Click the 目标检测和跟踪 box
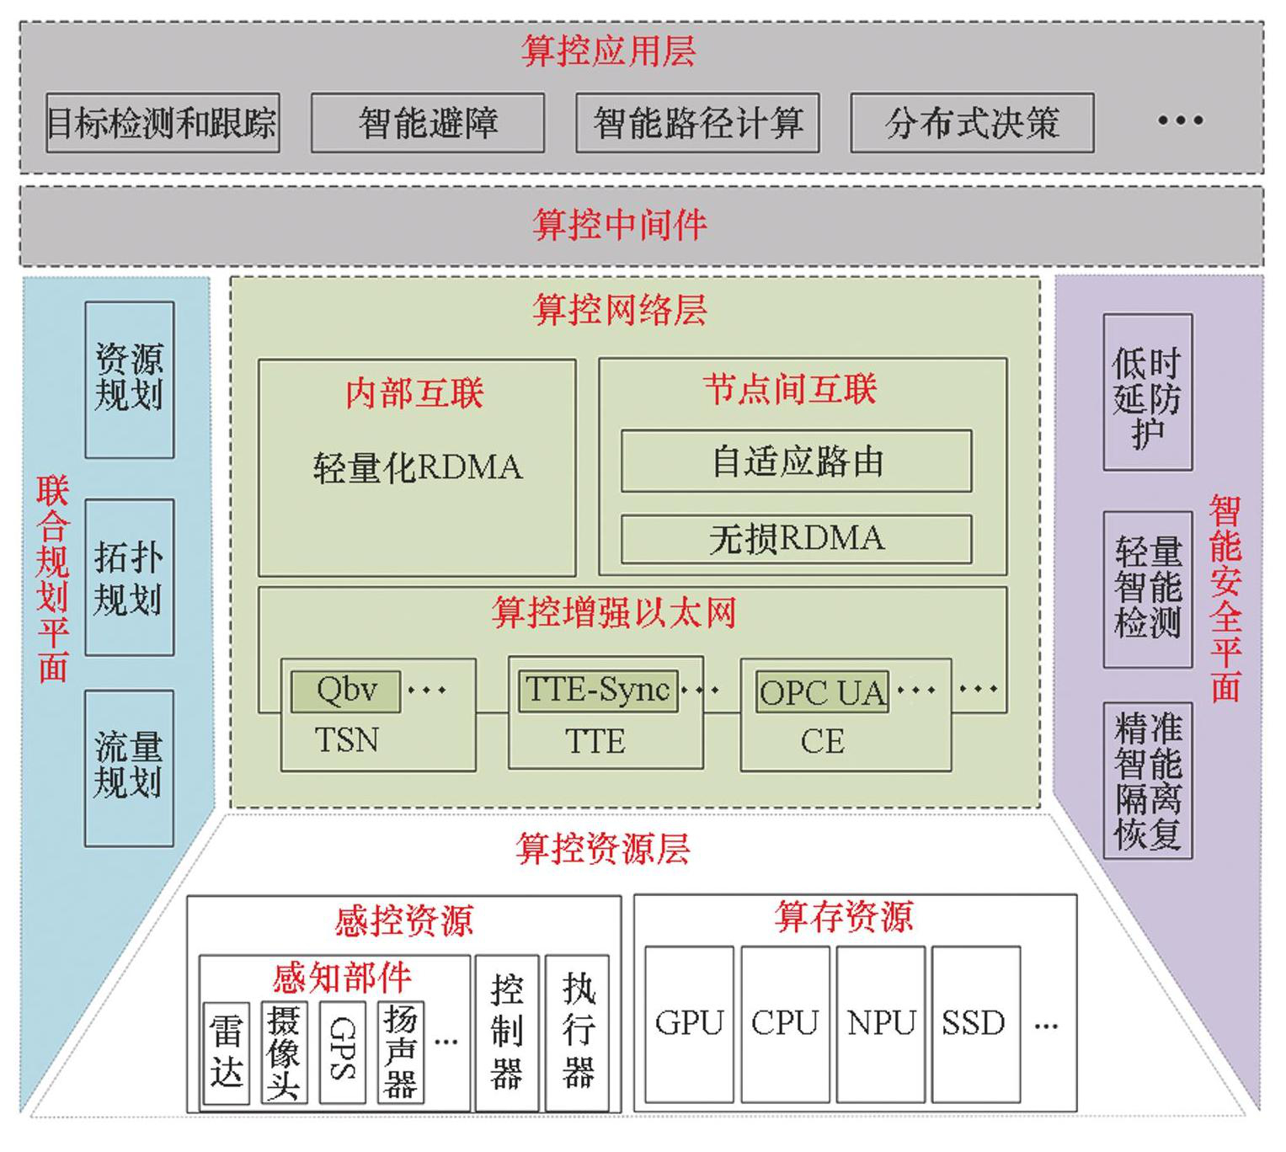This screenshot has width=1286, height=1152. pos(163,123)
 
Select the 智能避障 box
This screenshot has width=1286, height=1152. pos(428,123)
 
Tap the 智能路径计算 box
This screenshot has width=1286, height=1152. pos(697,123)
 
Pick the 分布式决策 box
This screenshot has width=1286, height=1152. pos(972,123)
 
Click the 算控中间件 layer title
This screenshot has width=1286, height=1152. pos(619,225)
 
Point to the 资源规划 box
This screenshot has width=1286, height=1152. pos(130,379)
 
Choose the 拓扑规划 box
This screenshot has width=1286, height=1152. pos(130,578)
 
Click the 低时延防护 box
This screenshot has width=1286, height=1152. pos(1147,392)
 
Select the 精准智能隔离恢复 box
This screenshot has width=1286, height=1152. pos(1147,781)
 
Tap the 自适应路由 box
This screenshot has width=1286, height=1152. pos(796,461)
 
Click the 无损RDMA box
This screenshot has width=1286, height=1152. pos(796,539)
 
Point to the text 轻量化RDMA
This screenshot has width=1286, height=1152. pos(417,467)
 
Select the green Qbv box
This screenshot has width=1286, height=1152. pos(345,691)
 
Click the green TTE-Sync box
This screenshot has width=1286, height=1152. pos(597,691)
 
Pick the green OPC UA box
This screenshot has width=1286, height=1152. pos(821,693)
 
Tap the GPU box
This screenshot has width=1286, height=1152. pos(689,1024)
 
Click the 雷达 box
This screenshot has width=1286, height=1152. pos(227,1053)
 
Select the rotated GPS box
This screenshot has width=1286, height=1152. pos(343,1053)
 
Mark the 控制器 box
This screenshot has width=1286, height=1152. pos(506,1032)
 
